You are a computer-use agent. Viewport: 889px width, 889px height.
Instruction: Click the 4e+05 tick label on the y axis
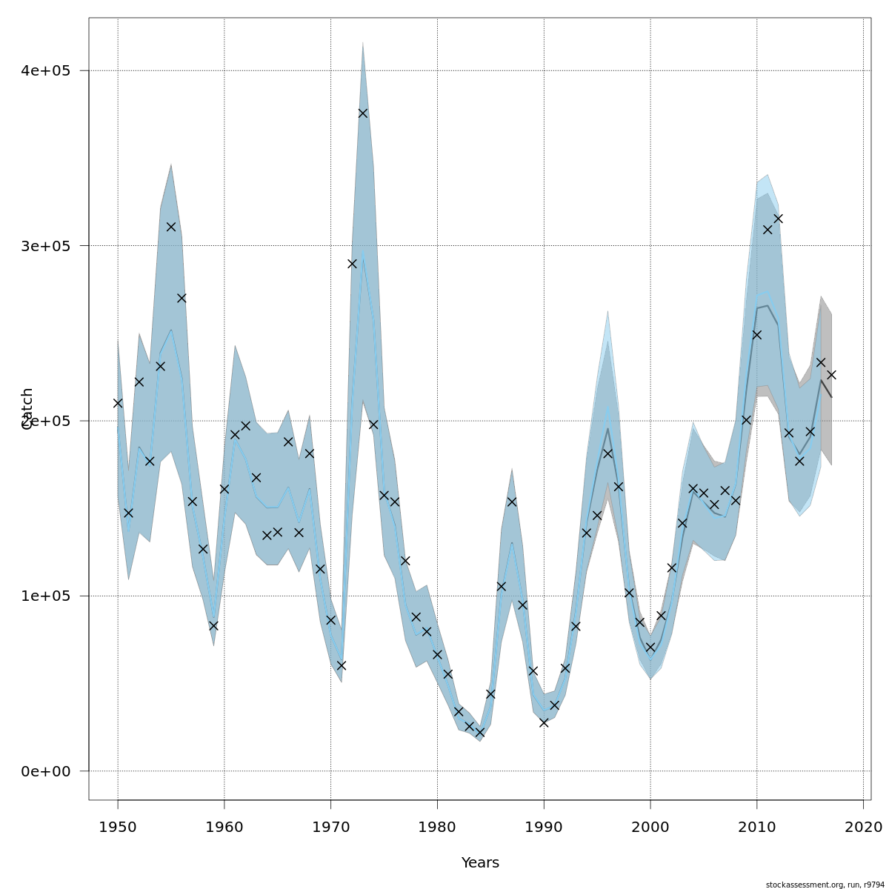pos(49,71)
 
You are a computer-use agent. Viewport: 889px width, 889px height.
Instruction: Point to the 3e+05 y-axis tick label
pos(49,246)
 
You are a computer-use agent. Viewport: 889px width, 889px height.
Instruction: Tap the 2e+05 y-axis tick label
pos(49,421)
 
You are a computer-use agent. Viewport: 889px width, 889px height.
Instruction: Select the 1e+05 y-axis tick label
pos(49,596)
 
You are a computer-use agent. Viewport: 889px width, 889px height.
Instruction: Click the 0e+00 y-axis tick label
pos(49,771)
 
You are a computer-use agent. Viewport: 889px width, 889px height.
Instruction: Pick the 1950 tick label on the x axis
pos(118,825)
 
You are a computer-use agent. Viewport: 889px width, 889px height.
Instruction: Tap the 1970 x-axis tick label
pos(331,825)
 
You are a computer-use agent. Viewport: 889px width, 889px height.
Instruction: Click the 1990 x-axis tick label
pos(544,825)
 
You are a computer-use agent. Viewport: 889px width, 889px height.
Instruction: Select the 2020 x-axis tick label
pos(863,825)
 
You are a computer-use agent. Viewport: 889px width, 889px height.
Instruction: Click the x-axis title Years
pos(480,863)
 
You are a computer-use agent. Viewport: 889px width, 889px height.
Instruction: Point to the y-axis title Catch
pos(27,409)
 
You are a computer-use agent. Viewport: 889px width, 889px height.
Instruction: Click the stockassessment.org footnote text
pos(825,885)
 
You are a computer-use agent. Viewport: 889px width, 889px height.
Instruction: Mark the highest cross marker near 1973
pos(363,113)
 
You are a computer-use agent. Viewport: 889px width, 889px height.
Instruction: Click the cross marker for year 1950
pos(118,403)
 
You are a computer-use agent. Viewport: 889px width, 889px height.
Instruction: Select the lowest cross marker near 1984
pos(480,733)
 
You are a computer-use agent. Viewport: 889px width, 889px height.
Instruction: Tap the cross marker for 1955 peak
pos(171,227)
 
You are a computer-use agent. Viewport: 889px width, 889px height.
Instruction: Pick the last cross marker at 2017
pos(831,375)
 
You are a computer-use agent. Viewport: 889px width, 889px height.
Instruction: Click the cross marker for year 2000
pos(650,647)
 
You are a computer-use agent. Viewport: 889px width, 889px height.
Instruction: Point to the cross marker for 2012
pos(778,219)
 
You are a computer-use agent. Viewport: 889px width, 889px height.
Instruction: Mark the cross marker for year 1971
pos(342,665)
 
